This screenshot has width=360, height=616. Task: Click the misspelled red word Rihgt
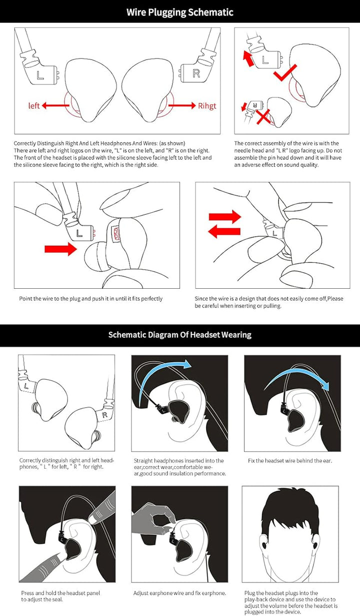click(x=207, y=106)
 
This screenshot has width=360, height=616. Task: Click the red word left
click(x=34, y=105)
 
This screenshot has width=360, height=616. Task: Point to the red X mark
click(x=263, y=116)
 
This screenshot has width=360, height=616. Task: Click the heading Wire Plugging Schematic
click(x=180, y=12)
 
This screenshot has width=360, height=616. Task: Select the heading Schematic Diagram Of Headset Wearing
click(x=180, y=335)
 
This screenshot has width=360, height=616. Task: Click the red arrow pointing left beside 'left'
click(x=55, y=105)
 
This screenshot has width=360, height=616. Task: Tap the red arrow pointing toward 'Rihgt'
click(x=182, y=105)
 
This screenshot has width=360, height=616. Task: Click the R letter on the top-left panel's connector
click(x=196, y=73)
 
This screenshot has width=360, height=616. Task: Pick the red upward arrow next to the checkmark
click(x=248, y=58)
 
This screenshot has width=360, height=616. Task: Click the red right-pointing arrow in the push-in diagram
click(x=60, y=249)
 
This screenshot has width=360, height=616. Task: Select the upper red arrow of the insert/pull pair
click(x=225, y=217)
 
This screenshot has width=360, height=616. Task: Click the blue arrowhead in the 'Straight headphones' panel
click(x=187, y=364)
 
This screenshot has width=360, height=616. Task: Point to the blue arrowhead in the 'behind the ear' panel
click(x=325, y=386)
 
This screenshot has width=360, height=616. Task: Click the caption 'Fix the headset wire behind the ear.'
click(x=290, y=461)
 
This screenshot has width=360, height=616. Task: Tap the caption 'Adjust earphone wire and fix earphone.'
click(x=179, y=593)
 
